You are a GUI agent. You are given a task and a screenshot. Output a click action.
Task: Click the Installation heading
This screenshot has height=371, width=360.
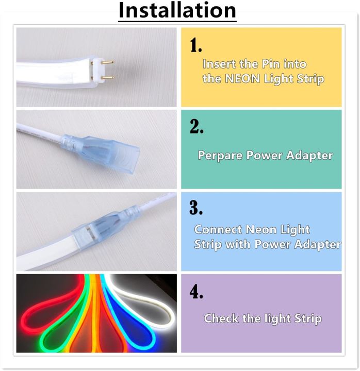pyautogui.click(x=177, y=11)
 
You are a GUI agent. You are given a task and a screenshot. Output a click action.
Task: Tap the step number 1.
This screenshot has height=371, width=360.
pyautogui.click(x=195, y=46)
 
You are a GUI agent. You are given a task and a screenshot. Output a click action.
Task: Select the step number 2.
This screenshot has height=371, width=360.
pyautogui.click(x=196, y=127)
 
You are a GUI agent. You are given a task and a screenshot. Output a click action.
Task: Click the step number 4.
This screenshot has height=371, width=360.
pyautogui.click(x=196, y=292)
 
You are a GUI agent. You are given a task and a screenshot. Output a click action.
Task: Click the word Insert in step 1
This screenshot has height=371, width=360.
pyautogui.click(x=217, y=64)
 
